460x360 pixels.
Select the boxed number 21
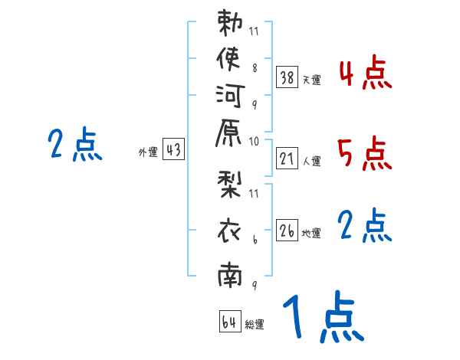[287, 158]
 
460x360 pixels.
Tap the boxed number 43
[173, 150]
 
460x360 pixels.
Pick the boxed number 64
[228, 322]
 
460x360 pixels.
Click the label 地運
[311, 234]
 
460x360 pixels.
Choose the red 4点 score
[364, 74]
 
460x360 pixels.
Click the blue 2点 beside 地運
[364, 226]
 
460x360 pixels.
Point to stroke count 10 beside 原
[254, 141]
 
